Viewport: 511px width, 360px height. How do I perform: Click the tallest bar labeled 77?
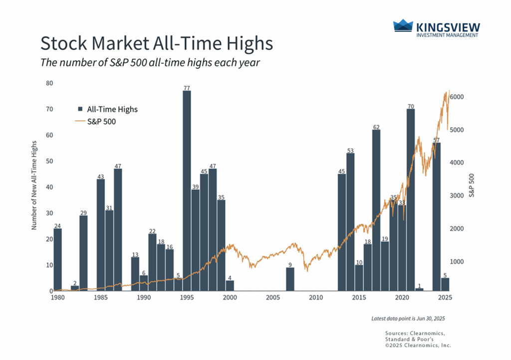tap(187, 190)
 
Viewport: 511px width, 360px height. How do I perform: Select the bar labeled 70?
tap(410, 200)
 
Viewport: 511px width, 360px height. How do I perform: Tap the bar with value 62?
tap(376, 210)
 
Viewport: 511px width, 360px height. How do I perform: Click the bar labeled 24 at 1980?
tap(57, 259)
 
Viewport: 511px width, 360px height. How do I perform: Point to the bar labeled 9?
tap(290, 279)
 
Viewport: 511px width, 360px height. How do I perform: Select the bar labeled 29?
tap(83, 253)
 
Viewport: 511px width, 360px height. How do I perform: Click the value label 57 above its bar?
tap(437, 139)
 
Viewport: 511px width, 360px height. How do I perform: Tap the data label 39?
tap(196, 186)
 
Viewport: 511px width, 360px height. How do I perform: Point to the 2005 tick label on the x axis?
tap(272, 298)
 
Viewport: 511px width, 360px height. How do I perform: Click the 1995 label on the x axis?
tap(187, 298)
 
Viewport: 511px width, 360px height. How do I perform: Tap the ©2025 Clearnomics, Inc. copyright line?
tap(418, 345)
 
